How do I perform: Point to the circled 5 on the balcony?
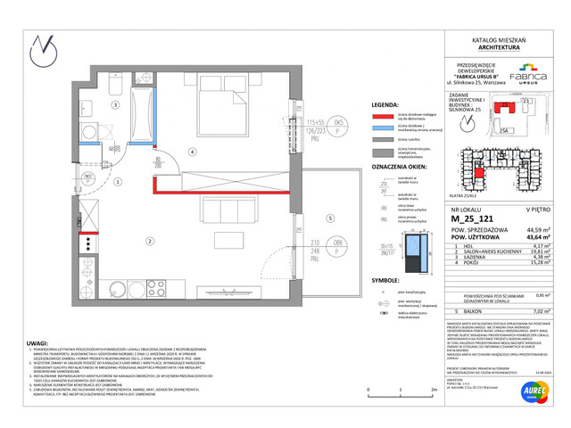click(x=329, y=217)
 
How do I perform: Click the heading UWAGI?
click(x=38, y=341)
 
